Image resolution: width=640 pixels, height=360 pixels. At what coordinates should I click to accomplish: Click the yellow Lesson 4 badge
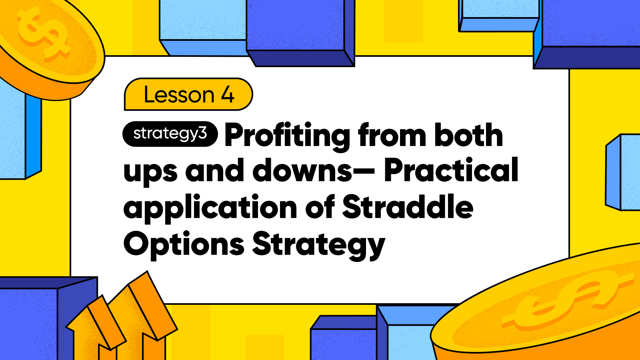tap(188, 94)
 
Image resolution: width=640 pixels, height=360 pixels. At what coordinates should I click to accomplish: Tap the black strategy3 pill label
tap(170, 134)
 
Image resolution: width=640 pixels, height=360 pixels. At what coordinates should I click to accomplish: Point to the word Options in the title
tap(184, 244)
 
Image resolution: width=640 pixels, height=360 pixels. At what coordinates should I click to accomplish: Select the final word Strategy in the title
tap(318, 246)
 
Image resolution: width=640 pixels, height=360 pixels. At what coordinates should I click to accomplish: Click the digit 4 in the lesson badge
tap(228, 94)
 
